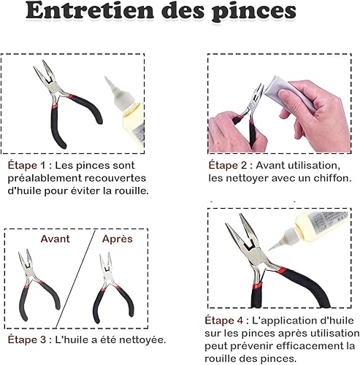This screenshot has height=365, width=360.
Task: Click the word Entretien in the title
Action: pyautogui.click(x=90, y=11)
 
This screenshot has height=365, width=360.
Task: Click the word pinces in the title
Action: pyautogui.click(x=254, y=12)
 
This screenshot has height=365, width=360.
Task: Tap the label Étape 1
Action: pyautogui.click(x=26, y=166)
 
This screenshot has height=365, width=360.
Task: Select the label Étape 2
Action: pyautogui.click(x=228, y=165)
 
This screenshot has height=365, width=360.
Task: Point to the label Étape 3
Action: pyautogui.click(x=27, y=339)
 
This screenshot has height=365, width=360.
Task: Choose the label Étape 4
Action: pyautogui.click(x=224, y=320)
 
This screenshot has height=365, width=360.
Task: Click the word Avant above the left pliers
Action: pyautogui.click(x=55, y=239)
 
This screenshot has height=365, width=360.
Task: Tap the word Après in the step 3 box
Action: pyautogui.click(x=118, y=239)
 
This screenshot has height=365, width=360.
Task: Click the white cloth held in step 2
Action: pyautogui.click(x=287, y=93)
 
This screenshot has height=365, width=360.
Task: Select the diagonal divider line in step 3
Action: pyautogui.click(x=75, y=279)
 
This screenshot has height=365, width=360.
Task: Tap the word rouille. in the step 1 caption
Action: pyautogui.click(x=131, y=191)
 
